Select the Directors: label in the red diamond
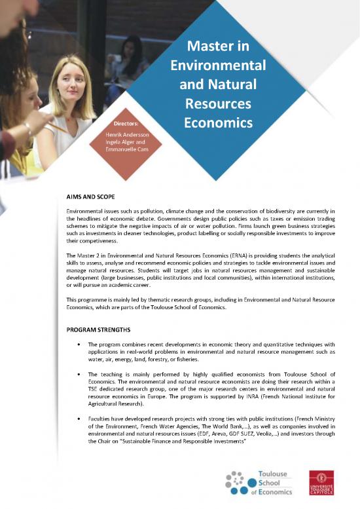126,122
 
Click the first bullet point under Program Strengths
79,344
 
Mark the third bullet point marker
79,417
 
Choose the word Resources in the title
218,104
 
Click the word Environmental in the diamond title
217,66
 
